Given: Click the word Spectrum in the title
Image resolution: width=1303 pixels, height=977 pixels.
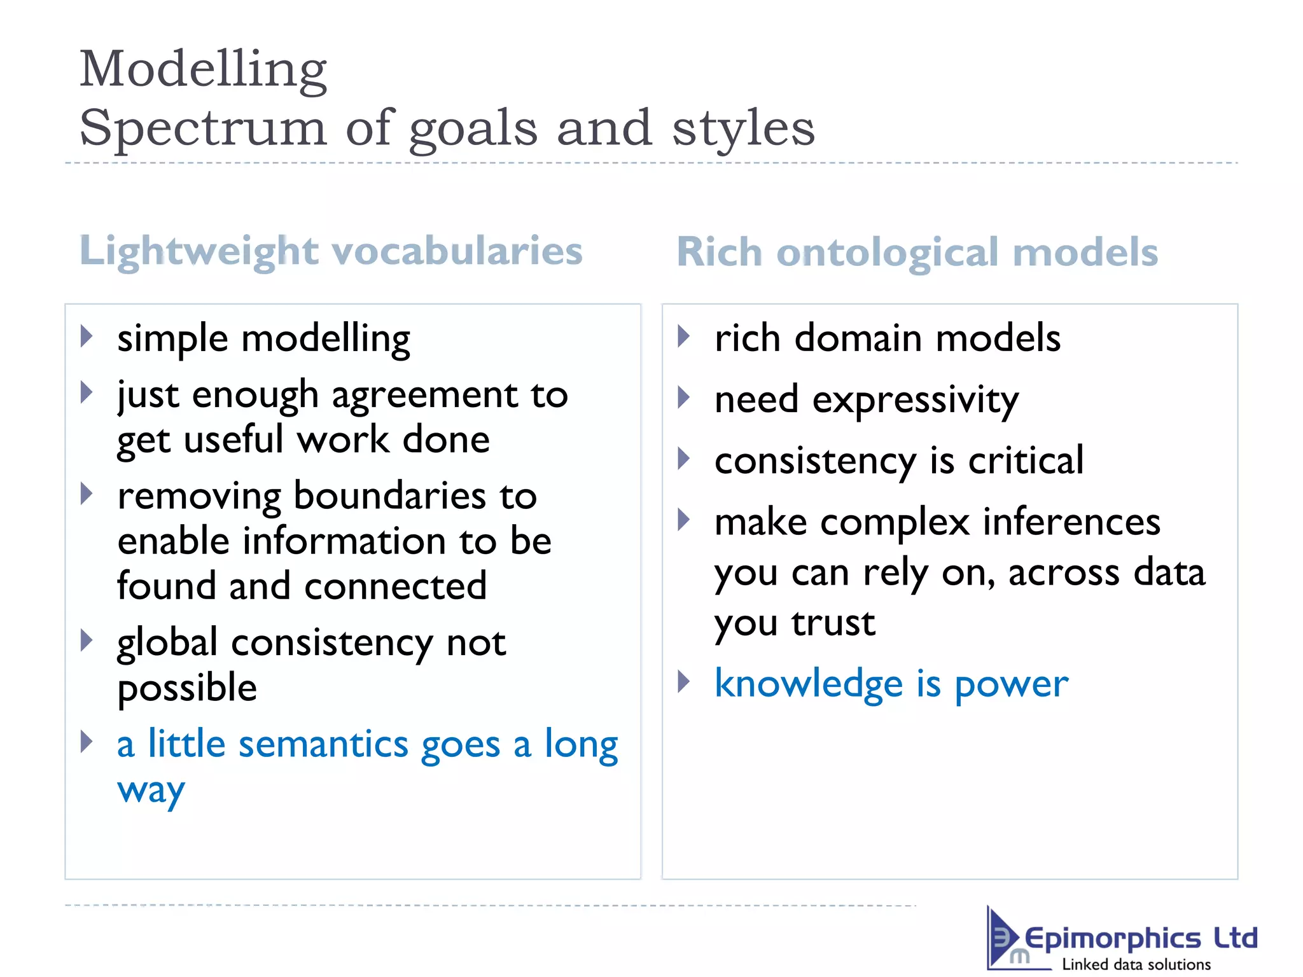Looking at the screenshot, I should (x=202, y=128).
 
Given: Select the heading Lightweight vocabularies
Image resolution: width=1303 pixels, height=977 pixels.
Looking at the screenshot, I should (x=331, y=251).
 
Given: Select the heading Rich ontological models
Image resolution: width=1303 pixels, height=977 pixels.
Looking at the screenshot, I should (x=917, y=252).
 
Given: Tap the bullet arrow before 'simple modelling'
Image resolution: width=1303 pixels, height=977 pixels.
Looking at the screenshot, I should (x=87, y=336).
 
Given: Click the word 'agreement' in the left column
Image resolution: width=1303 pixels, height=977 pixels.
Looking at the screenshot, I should (x=424, y=396).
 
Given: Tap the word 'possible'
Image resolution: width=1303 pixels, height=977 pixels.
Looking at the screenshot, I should (x=187, y=689).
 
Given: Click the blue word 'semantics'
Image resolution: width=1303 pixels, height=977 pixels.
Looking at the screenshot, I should (x=323, y=744).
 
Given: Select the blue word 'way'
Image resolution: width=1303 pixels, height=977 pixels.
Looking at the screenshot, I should (x=151, y=791).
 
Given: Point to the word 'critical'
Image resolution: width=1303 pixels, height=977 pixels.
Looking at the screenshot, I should (x=1026, y=461).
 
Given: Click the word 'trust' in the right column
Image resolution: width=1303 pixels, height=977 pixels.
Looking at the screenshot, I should (x=833, y=623).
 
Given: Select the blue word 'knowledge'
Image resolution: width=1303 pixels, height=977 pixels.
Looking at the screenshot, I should (x=808, y=684).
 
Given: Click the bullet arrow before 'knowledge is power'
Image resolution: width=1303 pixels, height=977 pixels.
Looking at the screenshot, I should (x=684, y=681).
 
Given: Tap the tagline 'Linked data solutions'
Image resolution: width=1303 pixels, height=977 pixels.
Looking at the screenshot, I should (x=1136, y=964).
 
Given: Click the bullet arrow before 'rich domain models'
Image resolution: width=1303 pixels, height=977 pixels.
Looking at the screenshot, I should (x=684, y=336).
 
